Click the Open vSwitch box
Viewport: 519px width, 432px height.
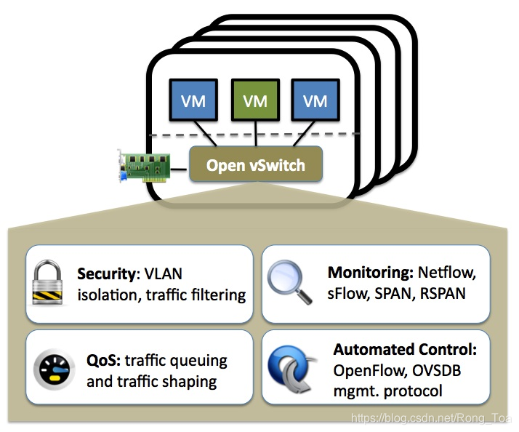[255, 165]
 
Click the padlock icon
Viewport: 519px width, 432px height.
[51, 284]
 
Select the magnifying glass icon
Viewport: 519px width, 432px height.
[287, 284]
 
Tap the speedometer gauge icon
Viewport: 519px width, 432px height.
[53, 369]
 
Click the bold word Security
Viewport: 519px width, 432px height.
[108, 275]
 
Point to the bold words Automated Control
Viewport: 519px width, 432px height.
[405, 350]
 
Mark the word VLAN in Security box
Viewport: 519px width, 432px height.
[164, 275]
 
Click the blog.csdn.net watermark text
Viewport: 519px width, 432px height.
[432, 418]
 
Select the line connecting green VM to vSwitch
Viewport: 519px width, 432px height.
[255, 134]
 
